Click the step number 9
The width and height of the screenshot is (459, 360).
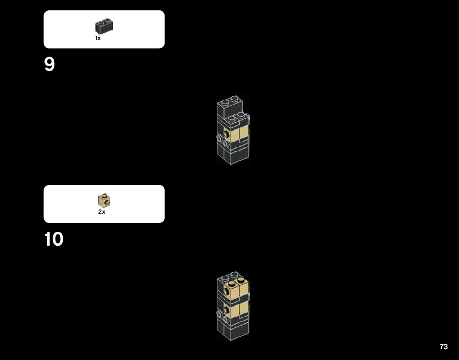point(50,65)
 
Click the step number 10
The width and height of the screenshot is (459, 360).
point(54,239)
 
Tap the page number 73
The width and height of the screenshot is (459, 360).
point(444,347)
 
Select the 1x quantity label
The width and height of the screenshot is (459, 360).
point(98,38)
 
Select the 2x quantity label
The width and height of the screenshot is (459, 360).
point(102,212)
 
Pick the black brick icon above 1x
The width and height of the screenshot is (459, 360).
point(104,27)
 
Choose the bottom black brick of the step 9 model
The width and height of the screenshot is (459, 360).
point(233,156)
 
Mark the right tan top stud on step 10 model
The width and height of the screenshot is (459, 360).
point(240,280)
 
